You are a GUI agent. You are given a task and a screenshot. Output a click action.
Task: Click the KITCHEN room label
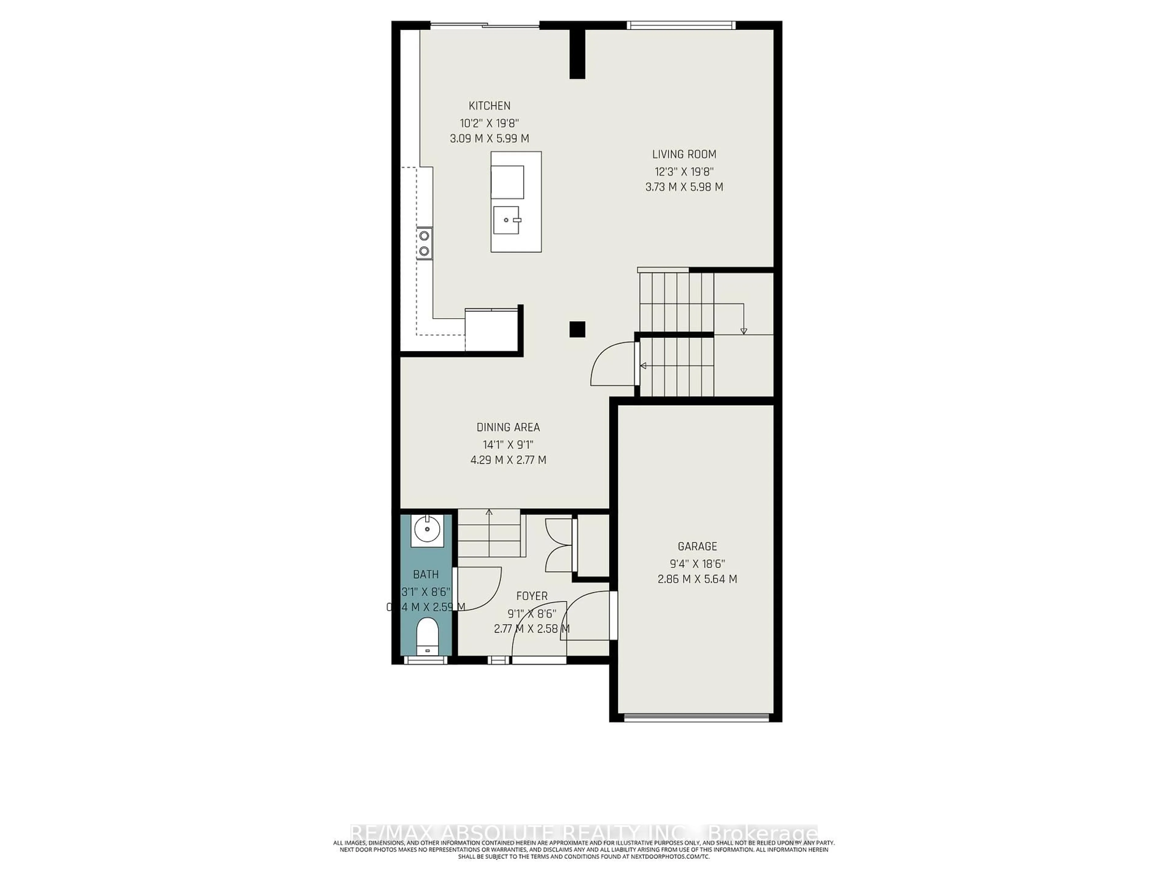[x=489, y=106]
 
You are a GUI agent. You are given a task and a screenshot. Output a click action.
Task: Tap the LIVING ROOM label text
[x=684, y=154]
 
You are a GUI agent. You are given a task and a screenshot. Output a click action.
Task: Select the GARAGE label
[x=697, y=546]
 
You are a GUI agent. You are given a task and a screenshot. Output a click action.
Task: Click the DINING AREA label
[x=508, y=427]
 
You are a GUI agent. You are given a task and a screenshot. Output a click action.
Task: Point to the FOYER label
[x=532, y=596]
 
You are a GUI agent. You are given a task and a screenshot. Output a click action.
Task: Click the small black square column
[x=577, y=329]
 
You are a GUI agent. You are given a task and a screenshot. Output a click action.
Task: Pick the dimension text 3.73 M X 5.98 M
[x=684, y=187]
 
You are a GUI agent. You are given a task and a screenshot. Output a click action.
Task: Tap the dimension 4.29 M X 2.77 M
[x=508, y=460]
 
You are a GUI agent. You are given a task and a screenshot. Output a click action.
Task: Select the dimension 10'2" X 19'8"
[x=489, y=123]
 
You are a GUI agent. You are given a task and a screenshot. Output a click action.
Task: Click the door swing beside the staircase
[x=613, y=364]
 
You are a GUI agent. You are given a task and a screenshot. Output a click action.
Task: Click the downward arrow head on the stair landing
[x=743, y=331]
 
